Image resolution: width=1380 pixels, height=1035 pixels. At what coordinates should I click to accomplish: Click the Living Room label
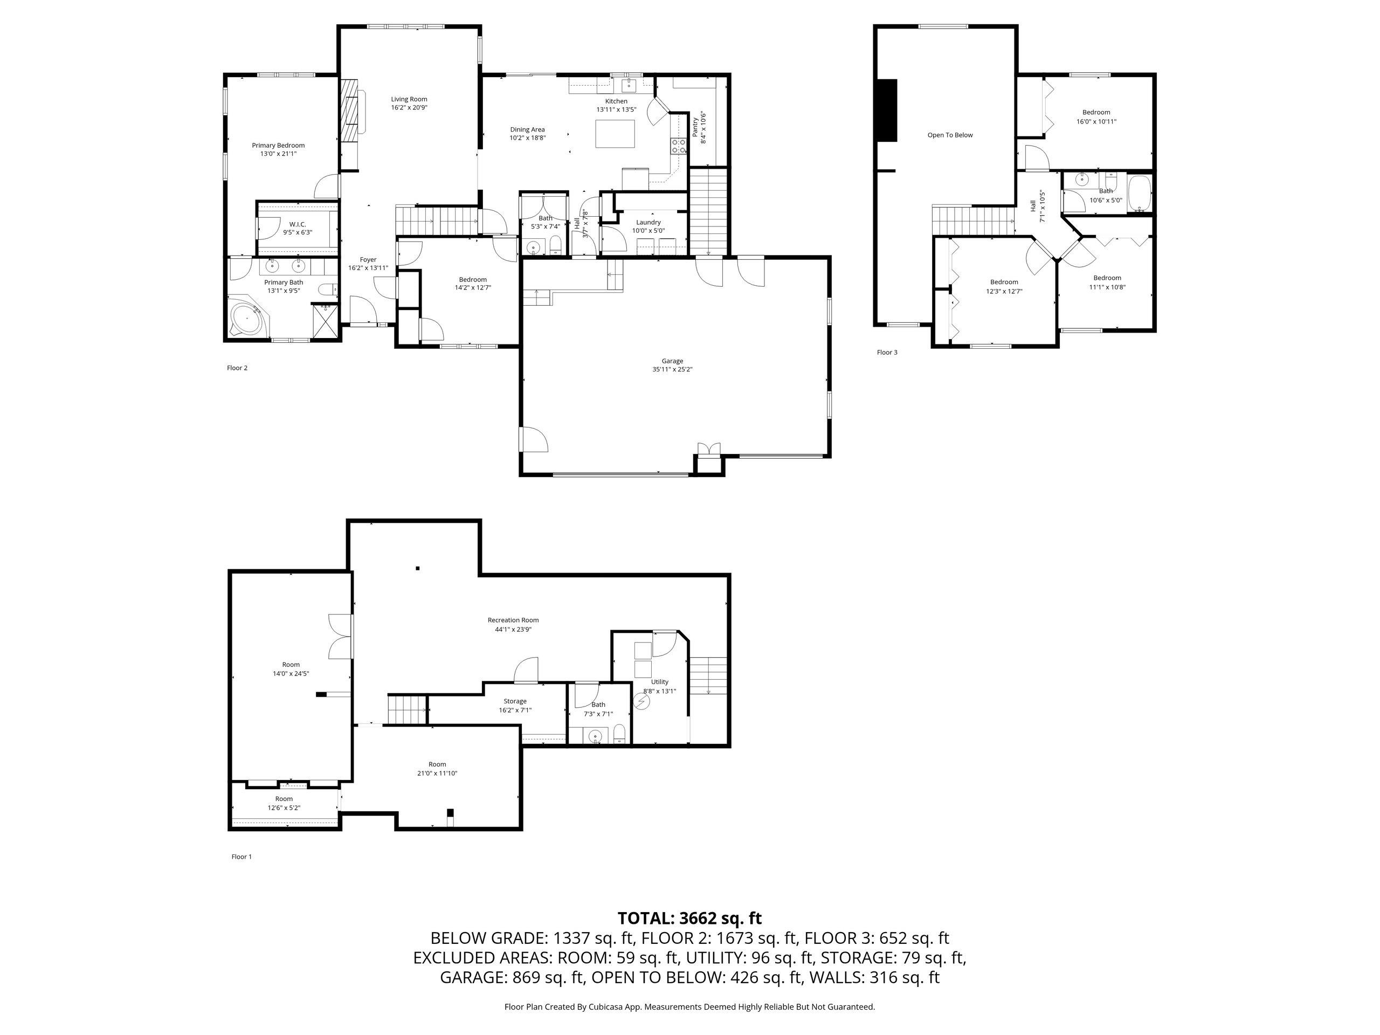coord(409,99)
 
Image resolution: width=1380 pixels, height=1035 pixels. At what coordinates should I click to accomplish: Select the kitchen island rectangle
coord(615,134)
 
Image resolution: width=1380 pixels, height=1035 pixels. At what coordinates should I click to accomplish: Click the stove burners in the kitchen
coord(679,146)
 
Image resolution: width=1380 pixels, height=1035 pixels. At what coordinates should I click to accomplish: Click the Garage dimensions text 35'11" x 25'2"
coord(673,369)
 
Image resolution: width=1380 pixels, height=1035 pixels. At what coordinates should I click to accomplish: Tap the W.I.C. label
coord(298,224)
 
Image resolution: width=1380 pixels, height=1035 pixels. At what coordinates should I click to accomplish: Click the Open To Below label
coord(950,135)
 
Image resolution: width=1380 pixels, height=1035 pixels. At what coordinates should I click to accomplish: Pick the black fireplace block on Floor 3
coord(887,111)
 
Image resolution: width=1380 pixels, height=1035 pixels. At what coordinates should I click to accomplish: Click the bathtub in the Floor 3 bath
coord(1140,195)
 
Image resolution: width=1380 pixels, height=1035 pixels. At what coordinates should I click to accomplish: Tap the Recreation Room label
coord(513,620)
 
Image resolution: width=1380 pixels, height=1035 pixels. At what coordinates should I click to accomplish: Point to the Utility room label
coord(659,682)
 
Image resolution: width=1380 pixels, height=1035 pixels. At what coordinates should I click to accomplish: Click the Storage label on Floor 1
coord(515,701)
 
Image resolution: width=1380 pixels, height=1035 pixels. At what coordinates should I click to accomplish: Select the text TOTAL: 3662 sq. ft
coord(689,919)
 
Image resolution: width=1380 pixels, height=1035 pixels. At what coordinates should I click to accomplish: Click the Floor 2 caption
coord(237,368)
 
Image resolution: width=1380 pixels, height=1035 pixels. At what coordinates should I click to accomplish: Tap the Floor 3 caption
coord(887,353)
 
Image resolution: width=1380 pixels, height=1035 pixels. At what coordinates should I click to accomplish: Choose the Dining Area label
coord(527,130)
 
